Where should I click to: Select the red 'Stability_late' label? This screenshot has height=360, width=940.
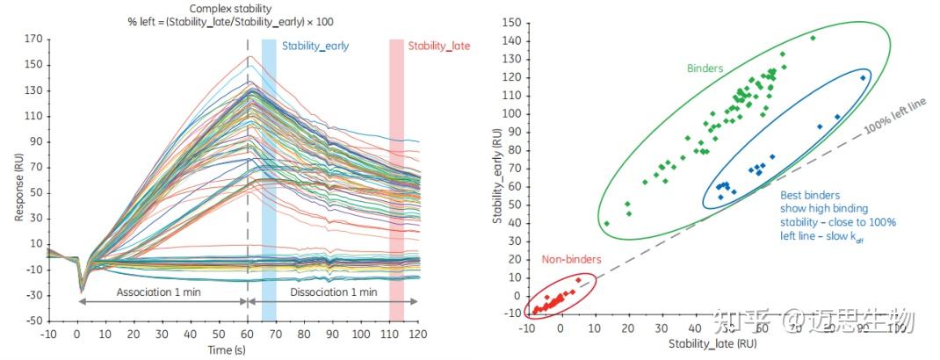438,45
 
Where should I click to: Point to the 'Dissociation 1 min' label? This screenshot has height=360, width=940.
334,291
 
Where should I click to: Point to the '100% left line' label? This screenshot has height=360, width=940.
895,115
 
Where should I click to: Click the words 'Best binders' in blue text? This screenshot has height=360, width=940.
810,195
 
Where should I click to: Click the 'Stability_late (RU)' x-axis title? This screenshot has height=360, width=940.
712,344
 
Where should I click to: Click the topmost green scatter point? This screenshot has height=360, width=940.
813,38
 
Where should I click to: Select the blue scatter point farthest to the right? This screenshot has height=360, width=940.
863,77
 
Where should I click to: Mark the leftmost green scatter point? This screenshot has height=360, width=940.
606,223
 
